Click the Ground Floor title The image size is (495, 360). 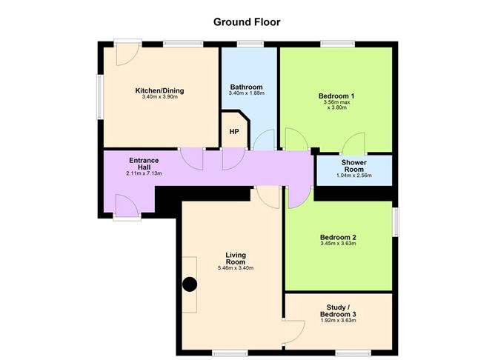[247, 21]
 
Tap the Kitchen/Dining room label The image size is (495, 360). [159, 91]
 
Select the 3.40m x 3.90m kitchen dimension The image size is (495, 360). [159, 99]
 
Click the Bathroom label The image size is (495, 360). [247, 87]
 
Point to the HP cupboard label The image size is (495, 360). [234, 132]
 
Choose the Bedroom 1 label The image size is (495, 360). [337, 96]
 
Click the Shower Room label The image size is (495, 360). [354, 165]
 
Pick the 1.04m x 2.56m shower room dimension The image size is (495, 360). [354, 176]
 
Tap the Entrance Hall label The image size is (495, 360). [144, 163]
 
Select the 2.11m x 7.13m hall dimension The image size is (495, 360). [144, 173]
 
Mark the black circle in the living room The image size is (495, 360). [190, 283]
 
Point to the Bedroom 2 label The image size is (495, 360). [338, 236]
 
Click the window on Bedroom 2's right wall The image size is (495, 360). [395, 221]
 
